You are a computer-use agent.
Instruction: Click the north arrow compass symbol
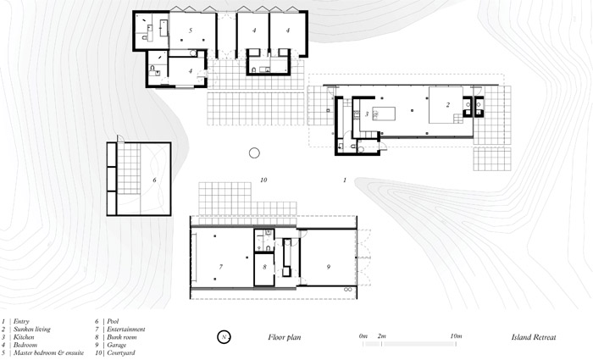tap(224, 337)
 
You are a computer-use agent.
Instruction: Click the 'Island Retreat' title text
tap(534, 337)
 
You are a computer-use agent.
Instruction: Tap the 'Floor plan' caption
tap(285, 337)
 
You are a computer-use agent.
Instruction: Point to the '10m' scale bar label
tap(456, 335)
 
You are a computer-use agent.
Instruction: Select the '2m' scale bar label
tap(381, 335)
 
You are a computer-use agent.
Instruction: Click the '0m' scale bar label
tap(363, 335)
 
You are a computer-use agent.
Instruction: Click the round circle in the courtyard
tap(254, 152)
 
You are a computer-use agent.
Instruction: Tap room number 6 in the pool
tap(154, 180)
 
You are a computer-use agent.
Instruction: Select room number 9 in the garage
tap(329, 267)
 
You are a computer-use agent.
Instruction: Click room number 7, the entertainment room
tap(221, 267)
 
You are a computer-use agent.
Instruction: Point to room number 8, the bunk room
tap(264, 267)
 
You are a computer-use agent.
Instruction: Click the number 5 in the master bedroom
tap(191, 30)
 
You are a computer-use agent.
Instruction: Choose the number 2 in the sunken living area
tap(448, 105)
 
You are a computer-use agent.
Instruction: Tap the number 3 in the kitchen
tap(367, 114)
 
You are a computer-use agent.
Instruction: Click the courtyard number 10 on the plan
tap(263, 180)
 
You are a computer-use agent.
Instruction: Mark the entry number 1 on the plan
tap(345, 180)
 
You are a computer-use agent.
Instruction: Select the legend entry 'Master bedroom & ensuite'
tap(48, 353)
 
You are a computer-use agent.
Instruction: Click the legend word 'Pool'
tap(113, 321)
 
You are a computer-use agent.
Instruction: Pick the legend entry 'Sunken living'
tap(32, 330)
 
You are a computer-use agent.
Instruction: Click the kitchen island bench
tap(384, 114)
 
